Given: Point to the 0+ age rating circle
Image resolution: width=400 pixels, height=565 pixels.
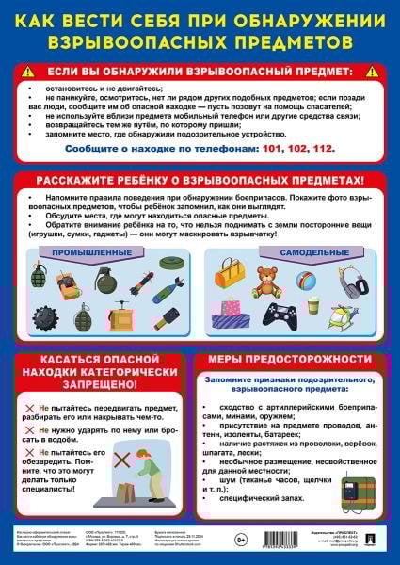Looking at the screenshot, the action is (x=241, y=540).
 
